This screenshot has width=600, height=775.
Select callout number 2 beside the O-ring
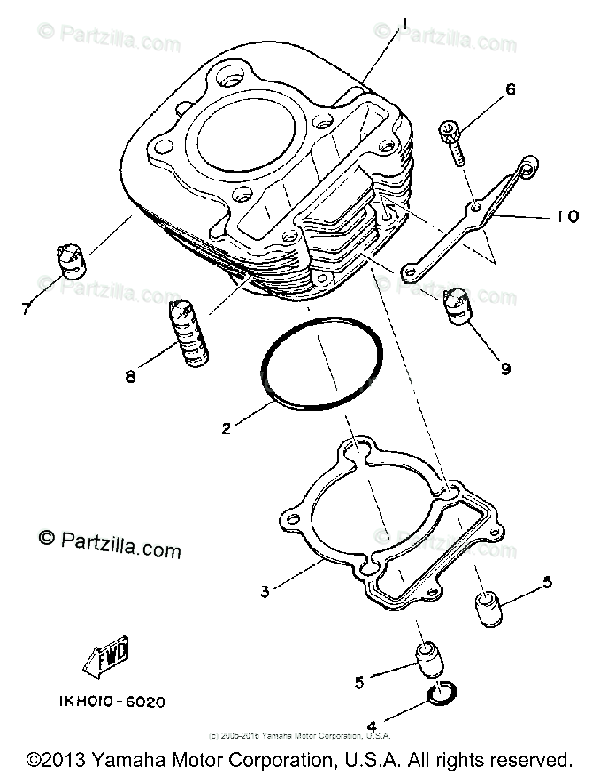pos(227,429)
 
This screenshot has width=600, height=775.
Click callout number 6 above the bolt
pos(510,89)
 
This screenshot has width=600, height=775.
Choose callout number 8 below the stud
pos(130,377)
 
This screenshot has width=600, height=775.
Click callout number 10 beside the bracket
pos(567,215)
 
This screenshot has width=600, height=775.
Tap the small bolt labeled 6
pos(452,142)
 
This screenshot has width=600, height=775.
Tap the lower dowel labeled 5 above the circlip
pos(427,662)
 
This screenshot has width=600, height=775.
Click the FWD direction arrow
pos(107,656)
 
